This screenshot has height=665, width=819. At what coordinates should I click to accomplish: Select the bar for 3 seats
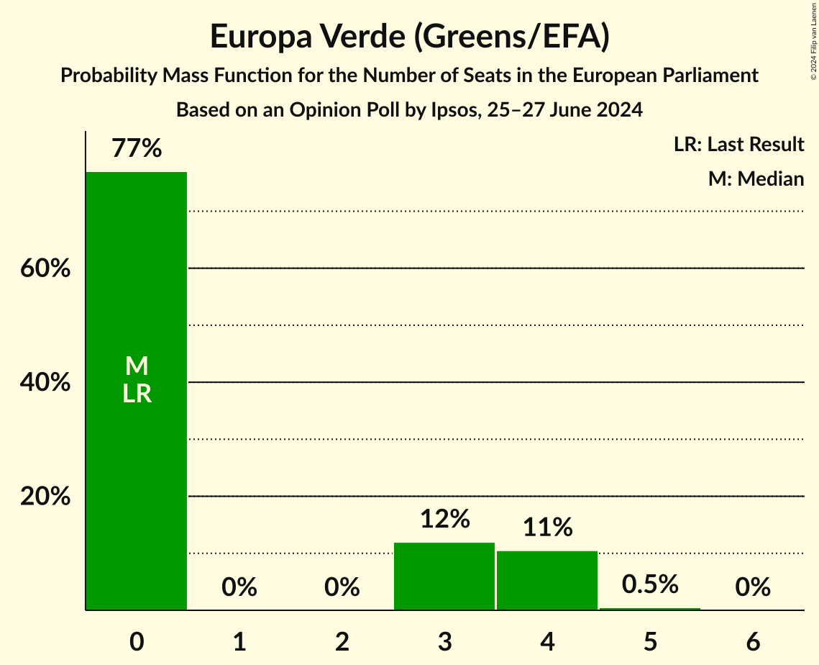click(444, 576)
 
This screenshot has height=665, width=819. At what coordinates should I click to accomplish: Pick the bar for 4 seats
click(547, 580)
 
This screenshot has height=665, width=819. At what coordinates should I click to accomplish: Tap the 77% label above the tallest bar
click(137, 149)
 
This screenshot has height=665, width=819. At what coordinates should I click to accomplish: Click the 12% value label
click(444, 519)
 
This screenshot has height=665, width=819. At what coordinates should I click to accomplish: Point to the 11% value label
click(547, 528)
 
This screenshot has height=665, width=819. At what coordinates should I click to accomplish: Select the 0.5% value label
click(650, 584)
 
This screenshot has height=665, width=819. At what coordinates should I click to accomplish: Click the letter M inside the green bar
click(137, 366)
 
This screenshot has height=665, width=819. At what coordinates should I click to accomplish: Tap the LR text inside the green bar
click(137, 394)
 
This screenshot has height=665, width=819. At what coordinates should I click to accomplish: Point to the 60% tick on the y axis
click(45, 268)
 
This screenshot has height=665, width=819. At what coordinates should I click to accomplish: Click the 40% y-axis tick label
click(45, 383)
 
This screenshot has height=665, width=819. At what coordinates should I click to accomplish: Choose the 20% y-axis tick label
click(45, 497)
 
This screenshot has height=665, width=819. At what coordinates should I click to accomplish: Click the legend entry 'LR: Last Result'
click(738, 145)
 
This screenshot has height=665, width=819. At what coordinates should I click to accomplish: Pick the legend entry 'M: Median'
click(756, 178)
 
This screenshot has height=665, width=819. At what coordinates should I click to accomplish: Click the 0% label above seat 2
click(342, 588)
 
